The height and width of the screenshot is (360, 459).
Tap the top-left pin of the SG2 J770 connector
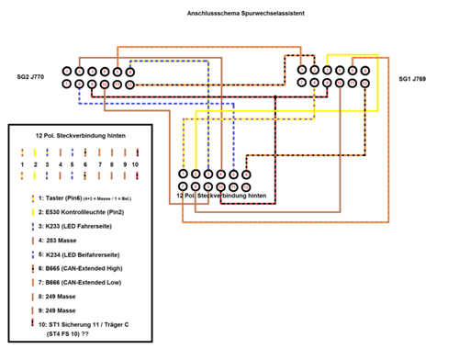(x=68, y=71)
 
